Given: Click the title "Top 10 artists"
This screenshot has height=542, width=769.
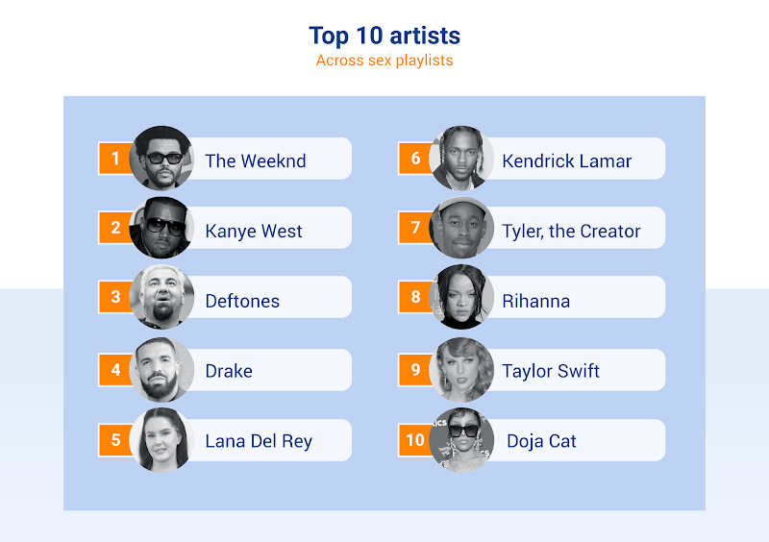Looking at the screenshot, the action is tap(384, 36).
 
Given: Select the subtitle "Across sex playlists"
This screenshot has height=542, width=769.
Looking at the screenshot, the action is tap(384, 61).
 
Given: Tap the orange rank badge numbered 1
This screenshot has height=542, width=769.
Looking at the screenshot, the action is tap(115, 158).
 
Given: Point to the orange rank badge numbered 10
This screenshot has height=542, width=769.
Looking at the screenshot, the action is tap(415, 439).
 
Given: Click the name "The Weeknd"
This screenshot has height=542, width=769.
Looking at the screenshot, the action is tap(256, 160).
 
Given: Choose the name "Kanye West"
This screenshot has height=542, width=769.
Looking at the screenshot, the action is tap(254, 231).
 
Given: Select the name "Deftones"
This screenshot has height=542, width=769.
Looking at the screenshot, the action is tap(242, 301).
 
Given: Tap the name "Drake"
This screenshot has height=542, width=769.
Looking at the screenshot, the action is tap(229, 371).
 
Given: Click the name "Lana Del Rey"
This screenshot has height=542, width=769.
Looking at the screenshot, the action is tap(259, 441).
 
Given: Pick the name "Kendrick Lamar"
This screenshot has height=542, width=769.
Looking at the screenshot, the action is tap(566, 160).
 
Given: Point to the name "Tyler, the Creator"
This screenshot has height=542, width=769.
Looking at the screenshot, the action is tap(571, 231).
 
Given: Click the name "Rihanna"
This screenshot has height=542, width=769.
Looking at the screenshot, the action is tap(536, 301).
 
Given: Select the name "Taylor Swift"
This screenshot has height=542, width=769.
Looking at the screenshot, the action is tap(550, 371).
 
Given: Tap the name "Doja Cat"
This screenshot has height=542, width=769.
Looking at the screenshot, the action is tap(541, 441).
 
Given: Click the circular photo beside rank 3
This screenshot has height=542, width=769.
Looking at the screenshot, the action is tap(161, 297).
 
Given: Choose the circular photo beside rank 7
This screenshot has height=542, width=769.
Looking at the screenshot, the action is tap(461, 228).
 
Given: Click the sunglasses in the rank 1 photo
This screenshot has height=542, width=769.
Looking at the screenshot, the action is tap(164, 159).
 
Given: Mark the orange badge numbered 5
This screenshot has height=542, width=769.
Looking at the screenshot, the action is tap(115, 439).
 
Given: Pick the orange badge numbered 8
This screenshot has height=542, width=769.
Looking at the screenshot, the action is tap(415, 296).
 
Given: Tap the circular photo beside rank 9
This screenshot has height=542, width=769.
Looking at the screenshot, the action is tap(461, 369).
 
